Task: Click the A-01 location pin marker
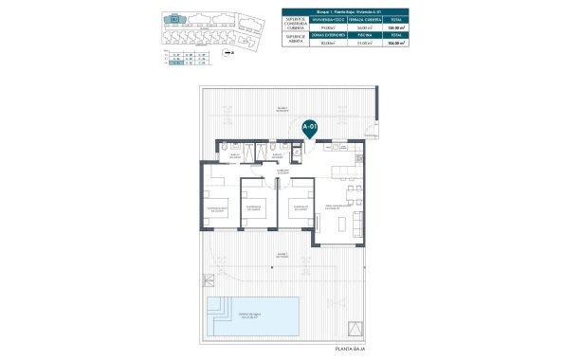click(308, 127)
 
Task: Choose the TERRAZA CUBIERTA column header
click(363, 19)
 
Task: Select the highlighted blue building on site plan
click(175, 18)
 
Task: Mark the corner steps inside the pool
click(217, 304)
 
